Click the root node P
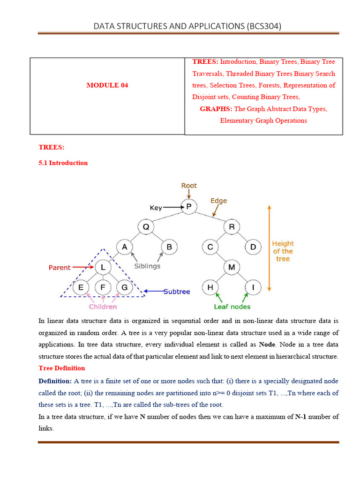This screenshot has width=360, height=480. (x=189, y=207)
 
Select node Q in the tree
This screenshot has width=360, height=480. (x=146, y=227)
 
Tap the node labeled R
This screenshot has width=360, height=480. (x=232, y=227)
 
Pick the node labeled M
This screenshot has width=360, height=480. (x=232, y=267)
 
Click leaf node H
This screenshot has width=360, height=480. (x=210, y=287)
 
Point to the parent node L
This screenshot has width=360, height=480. (x=103, y=267)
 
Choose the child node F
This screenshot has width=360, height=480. (x=103, y=287)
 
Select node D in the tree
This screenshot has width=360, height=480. (x=253, y=247)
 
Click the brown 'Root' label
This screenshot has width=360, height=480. (x=189, y=186)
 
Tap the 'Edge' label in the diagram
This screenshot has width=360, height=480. (x=218, y=201)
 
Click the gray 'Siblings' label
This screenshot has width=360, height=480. (x=147, y=266)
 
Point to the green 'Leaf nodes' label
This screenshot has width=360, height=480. (x=232, y=307)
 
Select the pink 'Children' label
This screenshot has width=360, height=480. (x=103, y=307)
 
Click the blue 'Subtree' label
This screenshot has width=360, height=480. (x=177, y=292)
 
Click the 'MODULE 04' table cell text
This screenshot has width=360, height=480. (x=107, y=85)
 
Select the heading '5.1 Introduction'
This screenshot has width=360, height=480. (x=63, y=163)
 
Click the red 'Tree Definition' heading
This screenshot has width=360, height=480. (x=61, y=368)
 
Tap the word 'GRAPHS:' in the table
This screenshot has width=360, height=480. (x=216, y=109)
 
